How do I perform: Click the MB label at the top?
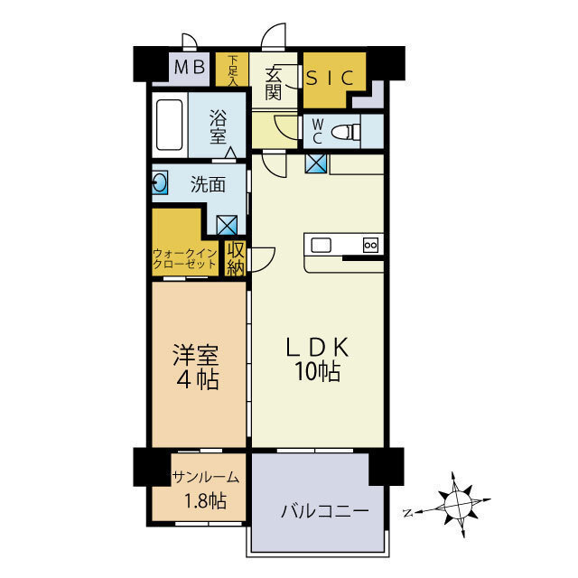click(190, 66)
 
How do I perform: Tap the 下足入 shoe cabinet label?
click(232, 70)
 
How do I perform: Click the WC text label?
click(317, 132)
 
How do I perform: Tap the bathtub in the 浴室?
click(170, 126)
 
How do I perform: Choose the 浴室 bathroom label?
click(218, 126)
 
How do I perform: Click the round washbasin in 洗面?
click(160, 183)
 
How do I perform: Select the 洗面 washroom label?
click(208, 184)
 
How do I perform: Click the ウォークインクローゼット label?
click(185, 258)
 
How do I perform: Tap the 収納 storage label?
click(235, 258)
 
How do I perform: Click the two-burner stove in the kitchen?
click(370, 244)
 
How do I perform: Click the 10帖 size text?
click(315, 371)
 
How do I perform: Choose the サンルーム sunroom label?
click(205, 478)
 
